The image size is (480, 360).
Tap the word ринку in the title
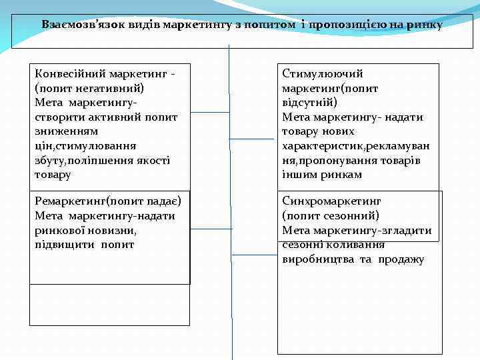(x=426, y=25)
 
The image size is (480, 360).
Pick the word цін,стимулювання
(x=80, y=146)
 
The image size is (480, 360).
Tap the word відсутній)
(x=309, y=103)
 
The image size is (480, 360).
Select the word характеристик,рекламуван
(x=356, y=146)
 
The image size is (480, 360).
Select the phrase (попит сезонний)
(x=330, y=215)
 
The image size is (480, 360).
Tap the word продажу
(x=402, y=259)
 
